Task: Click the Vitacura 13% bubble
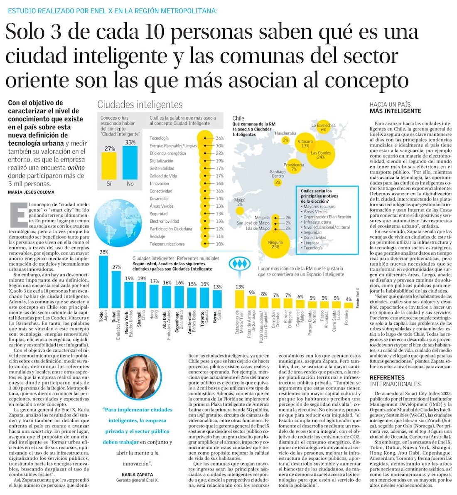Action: point(305,143)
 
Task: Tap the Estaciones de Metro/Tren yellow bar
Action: point(239,299)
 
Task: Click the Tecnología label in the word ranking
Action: point(159,138)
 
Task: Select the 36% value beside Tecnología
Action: point(219,138)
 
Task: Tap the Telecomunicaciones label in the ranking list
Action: point(167,244)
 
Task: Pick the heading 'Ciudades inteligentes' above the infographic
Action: point(140,104)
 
